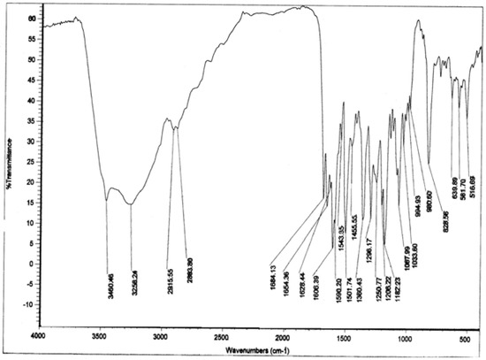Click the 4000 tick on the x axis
pos(36,337)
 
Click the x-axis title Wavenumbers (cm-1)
pos(257,350)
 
